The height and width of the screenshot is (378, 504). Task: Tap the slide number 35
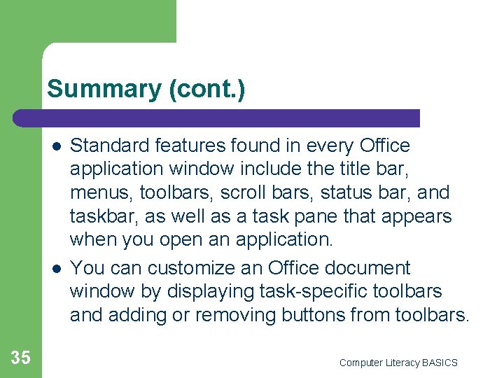tap(21, 358)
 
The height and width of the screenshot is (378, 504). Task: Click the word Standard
tap(110, 146)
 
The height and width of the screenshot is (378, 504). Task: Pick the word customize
tap(184, 268)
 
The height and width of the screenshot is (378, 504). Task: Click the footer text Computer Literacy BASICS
tap(398, 363)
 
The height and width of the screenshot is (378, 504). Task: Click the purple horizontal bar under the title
tap(217, 118)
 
